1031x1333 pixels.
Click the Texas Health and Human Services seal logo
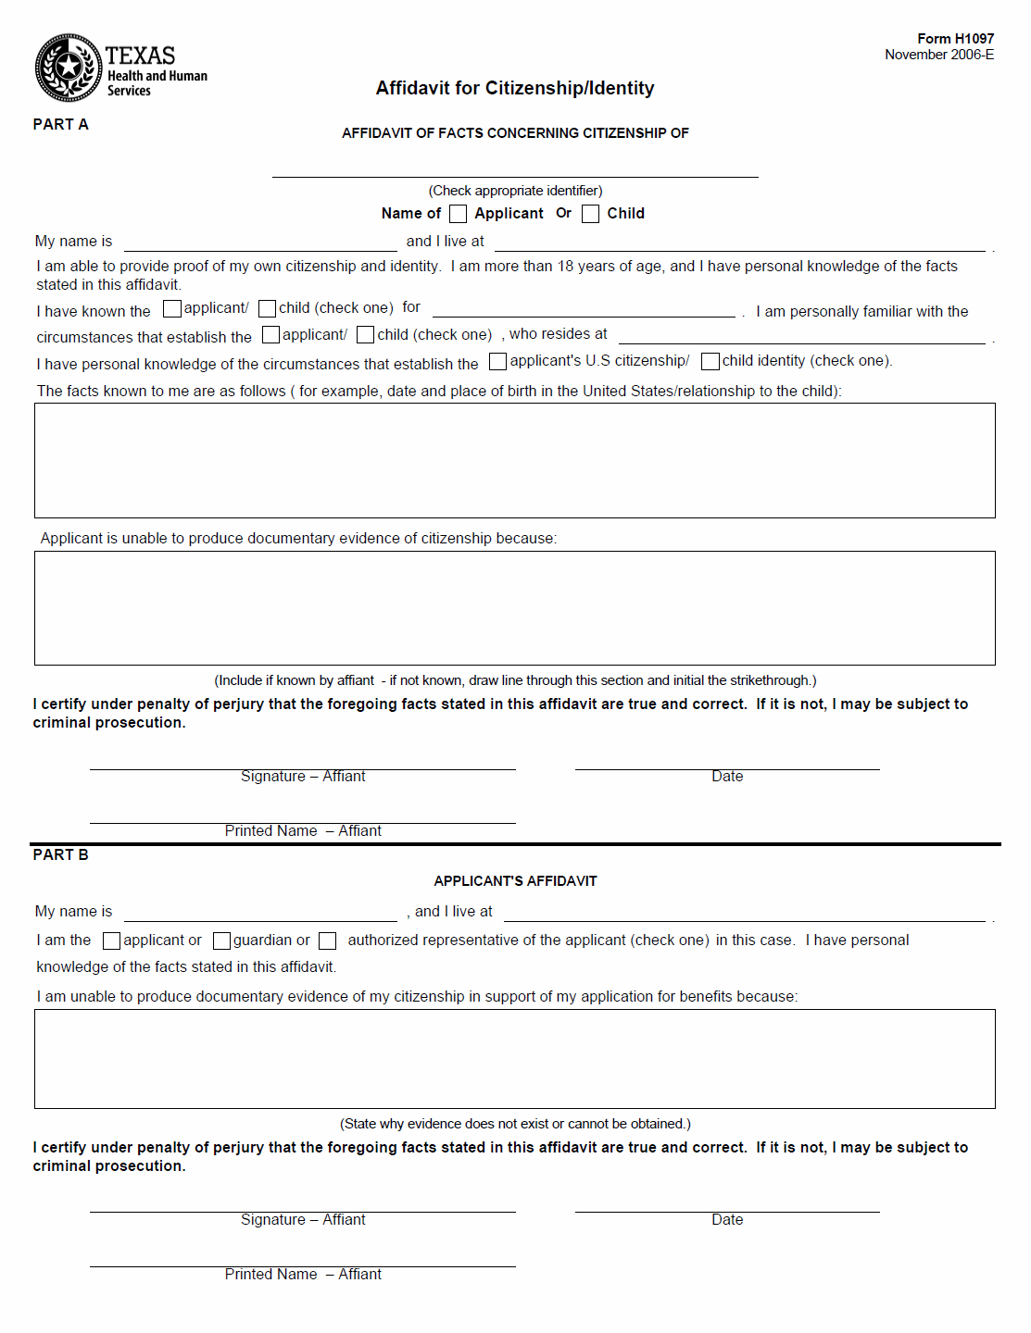coord(68,68)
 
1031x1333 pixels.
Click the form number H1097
coord(955,39)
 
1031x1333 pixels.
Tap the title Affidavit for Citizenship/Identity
coord(515,88)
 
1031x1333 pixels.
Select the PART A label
coord(61,125)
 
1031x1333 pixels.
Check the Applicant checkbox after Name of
coord(458,214)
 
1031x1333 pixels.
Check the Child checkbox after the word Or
coord(590,214)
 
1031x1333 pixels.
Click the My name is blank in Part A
coord(260,243)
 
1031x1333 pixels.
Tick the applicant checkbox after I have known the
coord(172,308)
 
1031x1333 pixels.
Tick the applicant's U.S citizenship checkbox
coord(498,361)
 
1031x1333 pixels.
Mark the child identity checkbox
coord(710,361)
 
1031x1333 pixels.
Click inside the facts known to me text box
coord(515,460)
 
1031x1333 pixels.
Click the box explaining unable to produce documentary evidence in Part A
coord(515,608)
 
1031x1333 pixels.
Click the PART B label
coord(61,855)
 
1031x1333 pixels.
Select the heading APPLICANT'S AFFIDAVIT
coord(515,881)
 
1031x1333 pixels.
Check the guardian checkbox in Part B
coord(221,941)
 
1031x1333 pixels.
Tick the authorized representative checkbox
coord(327,941)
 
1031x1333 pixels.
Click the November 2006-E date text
coord(939,55)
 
